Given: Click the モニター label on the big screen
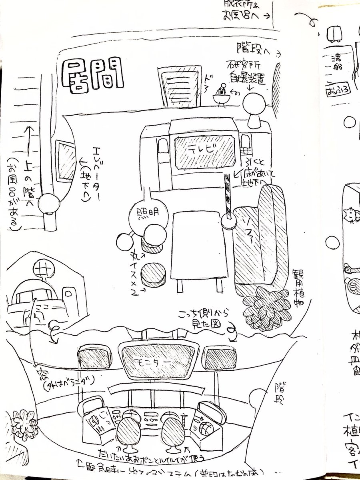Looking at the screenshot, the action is click(154, 360).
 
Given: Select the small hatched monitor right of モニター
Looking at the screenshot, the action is click(216, 356).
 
